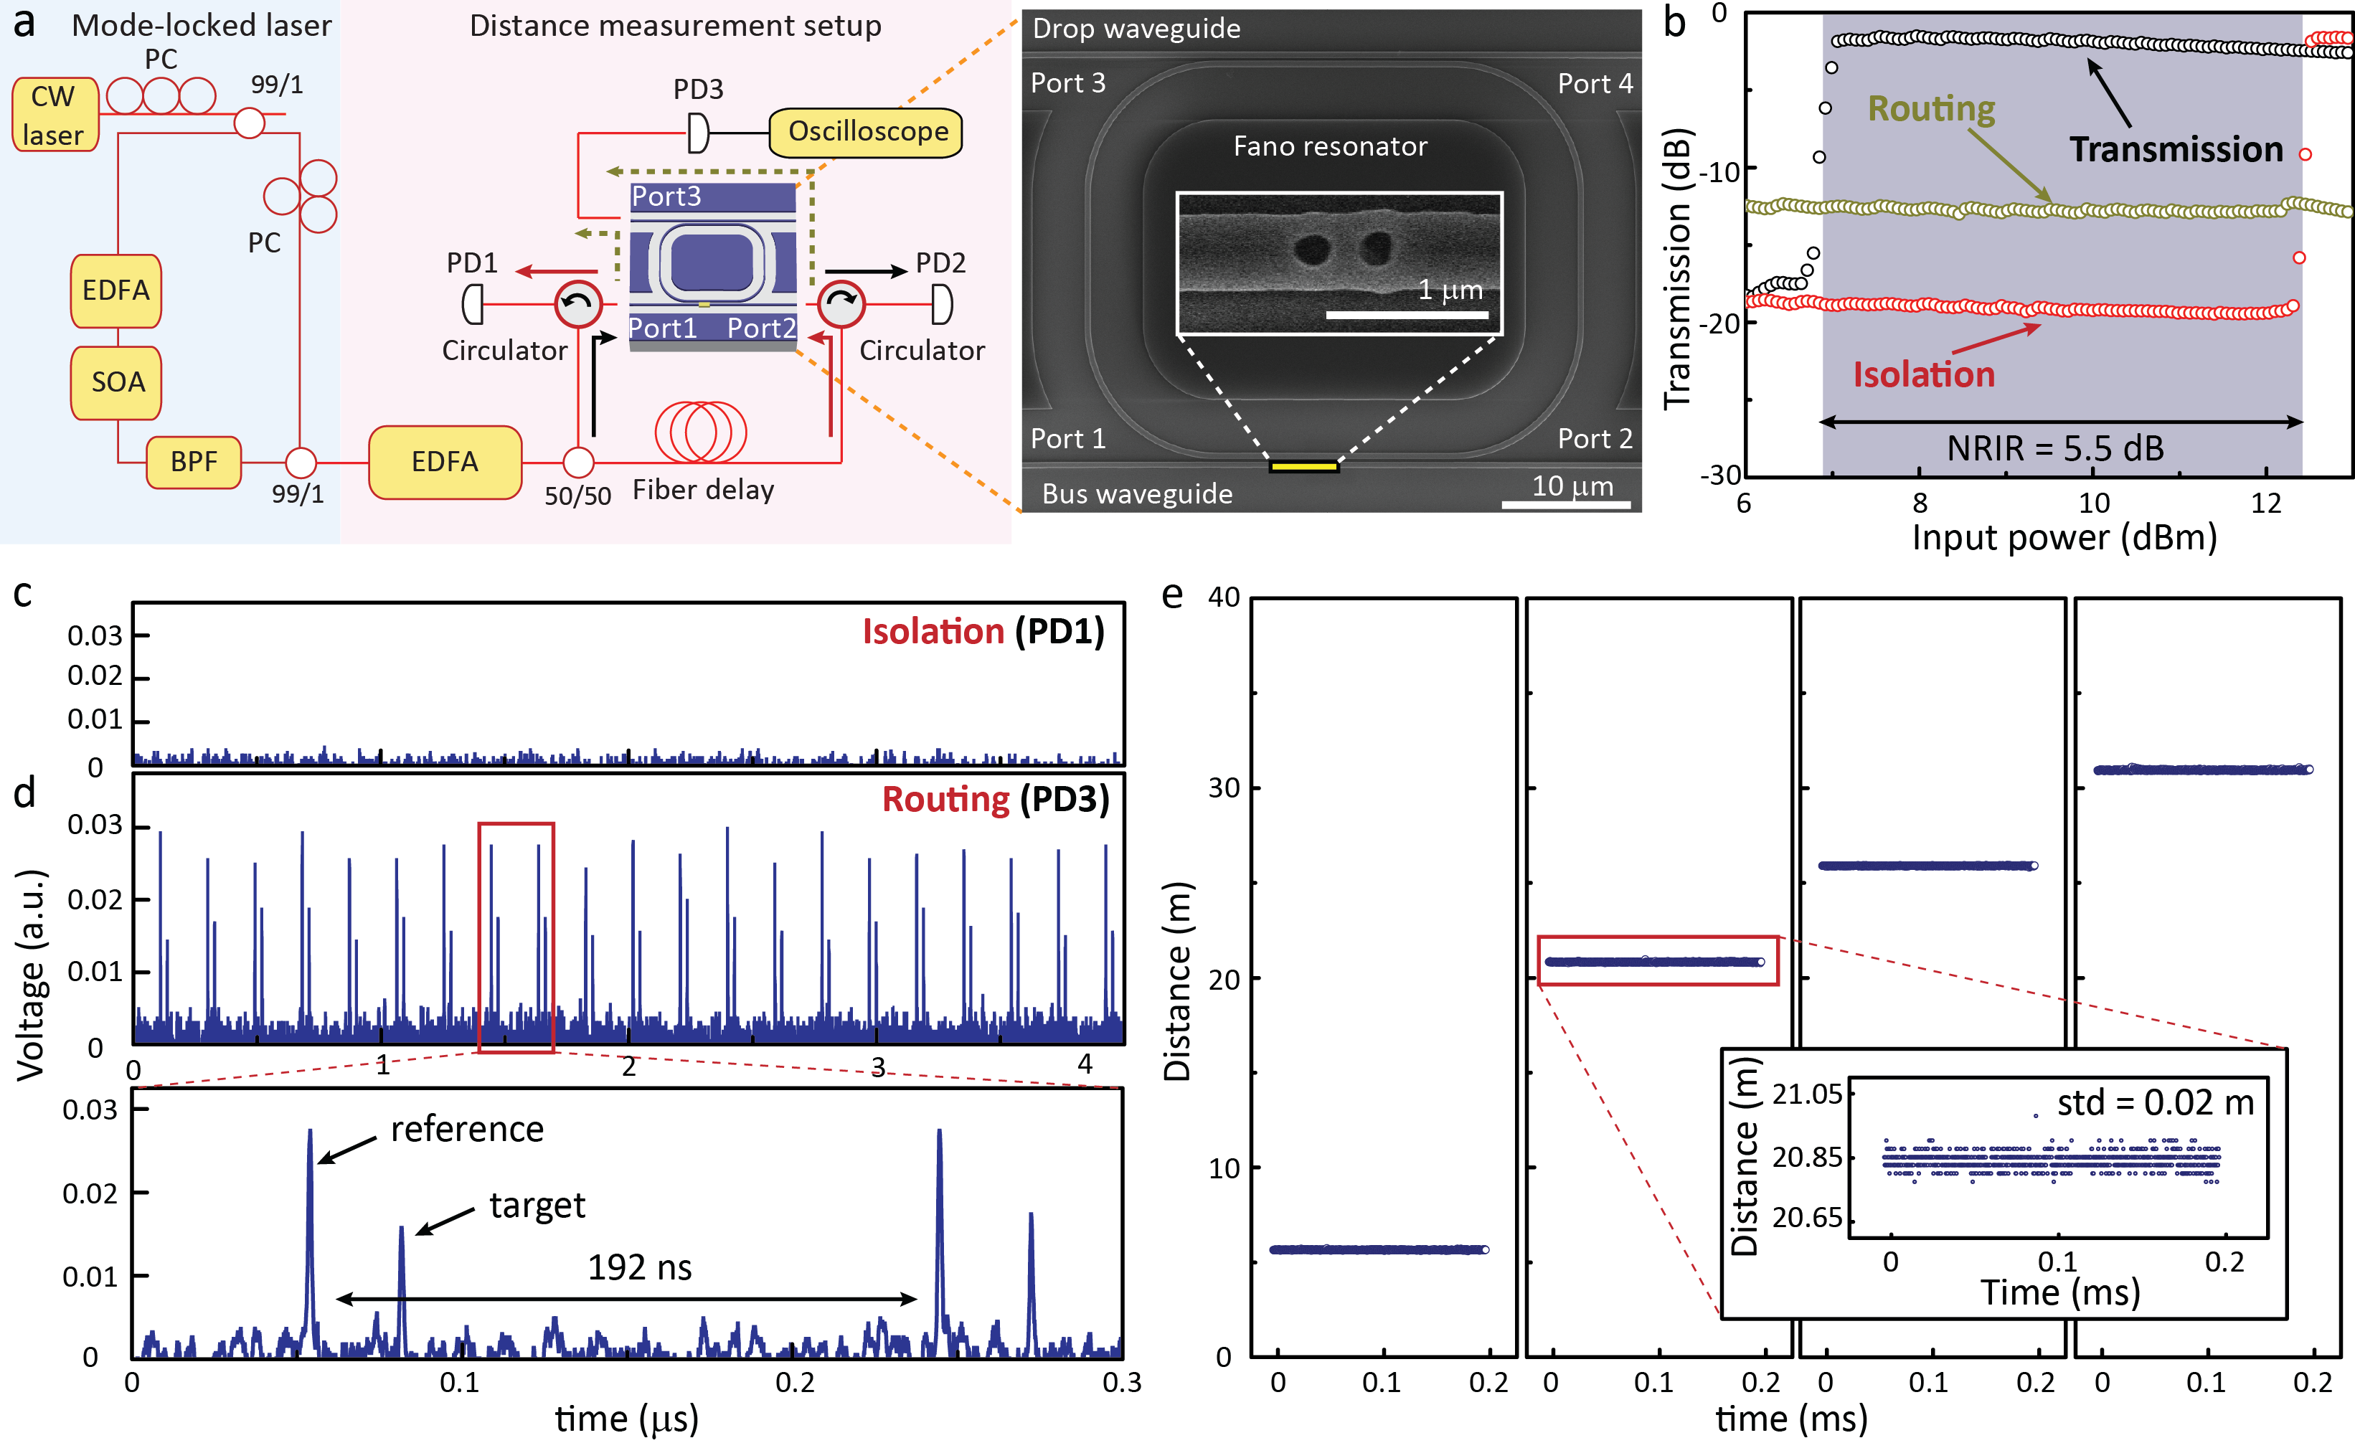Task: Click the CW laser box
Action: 55,115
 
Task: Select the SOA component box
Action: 117,382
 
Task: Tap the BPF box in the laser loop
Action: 193,463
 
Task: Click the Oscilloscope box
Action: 866,132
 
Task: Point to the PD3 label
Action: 698,90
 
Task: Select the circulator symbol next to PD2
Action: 841,304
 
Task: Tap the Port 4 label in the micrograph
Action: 1594,84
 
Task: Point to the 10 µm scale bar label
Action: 1572,486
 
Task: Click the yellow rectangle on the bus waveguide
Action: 1303,466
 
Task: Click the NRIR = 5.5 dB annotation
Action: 2055,448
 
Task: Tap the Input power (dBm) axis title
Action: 2064,537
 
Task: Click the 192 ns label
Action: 639,1267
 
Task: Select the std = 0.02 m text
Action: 2156,1103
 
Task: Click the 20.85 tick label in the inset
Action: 1806,1158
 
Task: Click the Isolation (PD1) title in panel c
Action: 983,632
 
